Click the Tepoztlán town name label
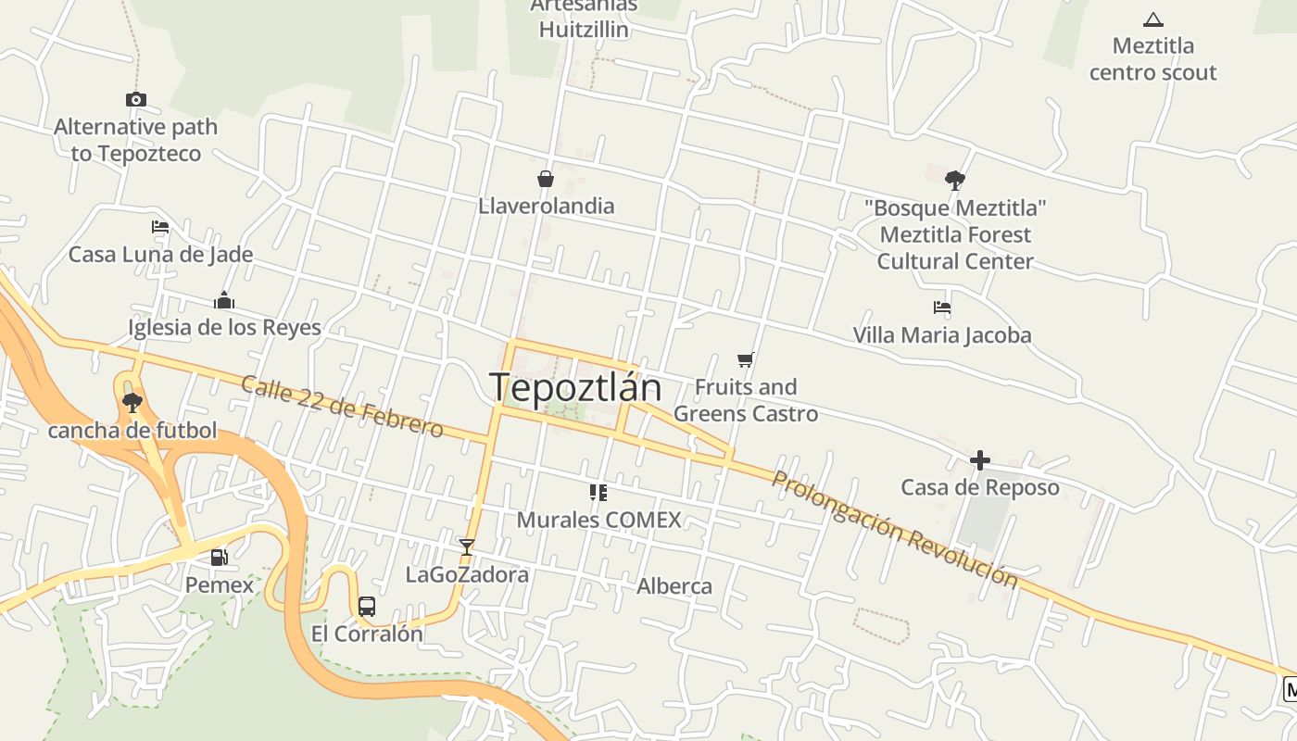pyautogui.click(x=575, y=387)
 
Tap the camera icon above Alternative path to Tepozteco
pyautogui.click(x=136, y=99)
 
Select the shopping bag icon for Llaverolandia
pyautogui.click(x=546, y=179)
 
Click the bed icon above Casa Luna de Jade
pyautogui.click(x=160, y=227)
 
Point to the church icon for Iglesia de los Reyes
pyautogui.click(x=224, y=300)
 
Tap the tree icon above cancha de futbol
pyautogui.click(x=132, y=402)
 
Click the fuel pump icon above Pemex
pyautogui.click(x=220, y=558)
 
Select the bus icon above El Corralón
pyautogui.click(x=367, y=607)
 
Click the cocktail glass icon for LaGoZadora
pyautogui.click(x=467, y=547)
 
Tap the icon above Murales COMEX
pyautogui.click(x=598, y=493)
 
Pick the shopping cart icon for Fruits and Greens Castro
pyautogui.click(x=746, y=359)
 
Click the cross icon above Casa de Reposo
pyautogui.click(x=980, y=459)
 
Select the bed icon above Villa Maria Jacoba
pyautogui.click(x=942, y=308)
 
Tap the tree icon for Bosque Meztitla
pyautogui.click(x=955, y=180)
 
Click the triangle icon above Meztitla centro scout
pyautogui.click(x=1153, y=19)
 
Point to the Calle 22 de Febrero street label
pyautogui.click(x=342, y=406)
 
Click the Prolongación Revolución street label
pyautogui.click(x=894, y=530)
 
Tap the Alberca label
pyautogui.click(x=674, y=586)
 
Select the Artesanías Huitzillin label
pyautogui.click(x=584, y=19)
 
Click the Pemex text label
pyautogui.click(x=220, y=584)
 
